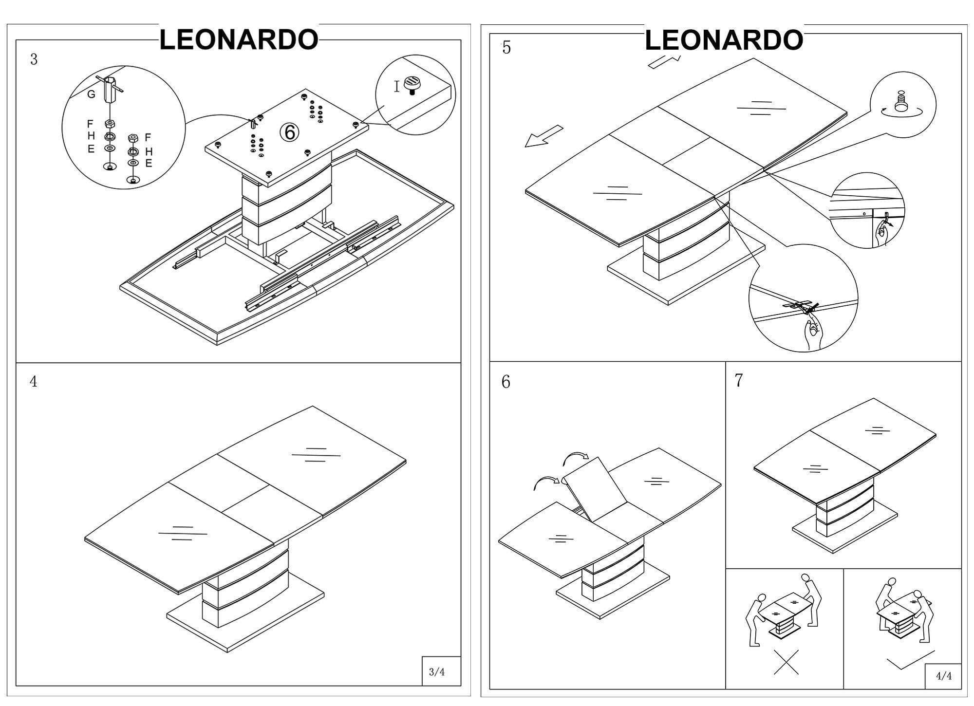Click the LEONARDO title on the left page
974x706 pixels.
coord(239,39)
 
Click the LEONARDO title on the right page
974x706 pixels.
coord(724,40)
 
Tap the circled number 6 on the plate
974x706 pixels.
coord(289,132)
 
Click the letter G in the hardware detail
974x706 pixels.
coord(91,94)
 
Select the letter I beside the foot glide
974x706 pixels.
coord(396,87)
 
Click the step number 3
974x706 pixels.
coord(34,59)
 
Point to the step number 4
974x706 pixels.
coord(33,382)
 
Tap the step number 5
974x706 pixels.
coord(506,48)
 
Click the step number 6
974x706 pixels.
coord(506,382)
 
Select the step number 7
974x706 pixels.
coord(739,381)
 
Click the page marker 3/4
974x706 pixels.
coord(436,672)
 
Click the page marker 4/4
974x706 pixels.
coord(944,676)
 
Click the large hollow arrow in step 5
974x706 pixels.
coord(543,136)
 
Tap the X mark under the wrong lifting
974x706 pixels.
coord(786,662)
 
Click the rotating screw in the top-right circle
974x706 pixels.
coord(900,103)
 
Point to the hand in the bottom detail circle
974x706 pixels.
coord(812,333)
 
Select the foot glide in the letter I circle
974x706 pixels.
coord(412,84)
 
